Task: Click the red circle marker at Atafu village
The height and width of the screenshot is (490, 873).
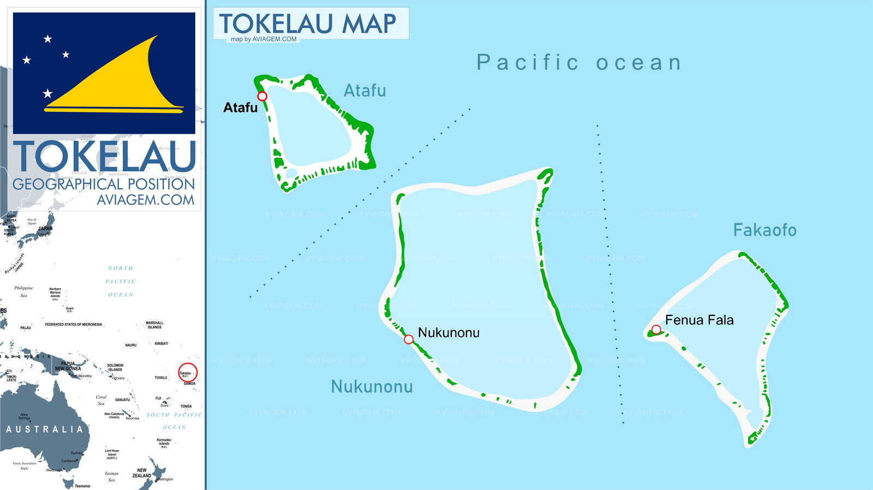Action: coord(262,97)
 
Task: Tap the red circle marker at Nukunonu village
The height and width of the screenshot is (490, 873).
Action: coord(409,339)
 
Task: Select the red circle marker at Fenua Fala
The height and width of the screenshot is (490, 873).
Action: coord(656,330)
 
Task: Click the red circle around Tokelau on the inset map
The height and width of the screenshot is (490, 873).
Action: coord(188,373)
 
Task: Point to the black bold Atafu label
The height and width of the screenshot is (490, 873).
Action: coord(240,107)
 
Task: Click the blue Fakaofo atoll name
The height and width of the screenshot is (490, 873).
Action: coord(764,230)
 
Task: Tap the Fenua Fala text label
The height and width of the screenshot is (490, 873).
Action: coord(699,320)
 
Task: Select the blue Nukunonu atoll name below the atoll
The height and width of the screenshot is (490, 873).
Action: coord(372,386)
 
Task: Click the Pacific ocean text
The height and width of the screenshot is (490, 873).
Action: coord(579,63)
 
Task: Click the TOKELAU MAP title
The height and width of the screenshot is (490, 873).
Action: coord(308,23)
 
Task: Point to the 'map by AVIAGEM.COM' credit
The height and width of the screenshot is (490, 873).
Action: coord(264,39)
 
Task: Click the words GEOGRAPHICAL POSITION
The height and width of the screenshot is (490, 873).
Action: coord(104,184)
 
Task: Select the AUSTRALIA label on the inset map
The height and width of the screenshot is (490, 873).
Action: coord(45,429)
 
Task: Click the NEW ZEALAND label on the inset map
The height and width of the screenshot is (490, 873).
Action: coord(142,473)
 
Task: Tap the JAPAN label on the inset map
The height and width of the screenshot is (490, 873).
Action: coord(45,229)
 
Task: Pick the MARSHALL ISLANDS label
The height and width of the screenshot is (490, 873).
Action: coord(154,325)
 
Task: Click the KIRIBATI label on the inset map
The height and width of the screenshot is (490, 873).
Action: coord(161,344)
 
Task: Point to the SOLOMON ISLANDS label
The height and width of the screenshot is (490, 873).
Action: coord(115,367)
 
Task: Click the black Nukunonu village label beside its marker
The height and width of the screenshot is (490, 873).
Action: coord(449,332)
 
